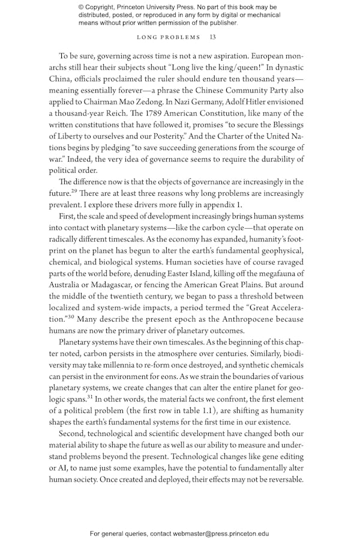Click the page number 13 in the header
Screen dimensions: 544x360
pyautogui.click(x=212, y=37)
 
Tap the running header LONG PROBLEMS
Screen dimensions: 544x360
pyautogui.click(x=169, y=37)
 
